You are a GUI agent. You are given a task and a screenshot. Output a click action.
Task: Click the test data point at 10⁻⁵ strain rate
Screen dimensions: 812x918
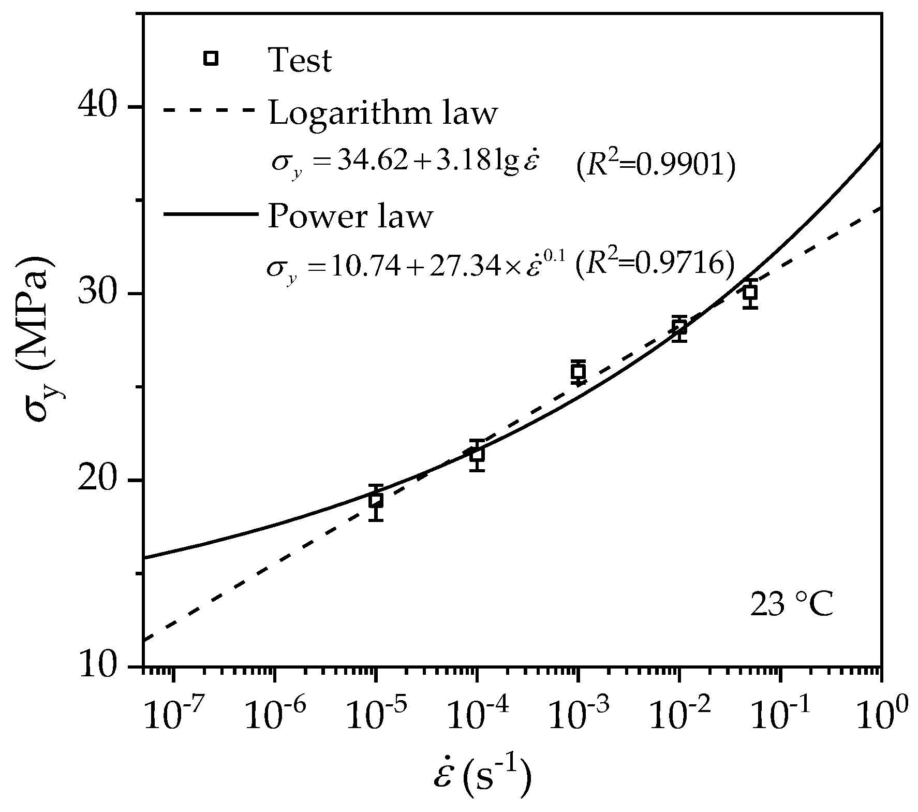[376, 500]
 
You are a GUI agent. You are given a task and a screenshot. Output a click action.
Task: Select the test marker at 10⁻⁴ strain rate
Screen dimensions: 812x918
[477, 454]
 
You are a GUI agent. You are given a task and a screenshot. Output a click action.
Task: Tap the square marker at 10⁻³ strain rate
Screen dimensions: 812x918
[578, 371]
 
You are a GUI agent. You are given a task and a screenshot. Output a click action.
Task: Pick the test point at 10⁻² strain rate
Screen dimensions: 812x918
[679, 327]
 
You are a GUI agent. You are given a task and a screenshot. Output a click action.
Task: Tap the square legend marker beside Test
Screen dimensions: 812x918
[211, 59]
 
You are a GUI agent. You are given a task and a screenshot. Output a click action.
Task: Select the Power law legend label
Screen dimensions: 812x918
[349, 216]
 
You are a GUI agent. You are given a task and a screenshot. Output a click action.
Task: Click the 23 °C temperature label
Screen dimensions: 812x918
[792, 605]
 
